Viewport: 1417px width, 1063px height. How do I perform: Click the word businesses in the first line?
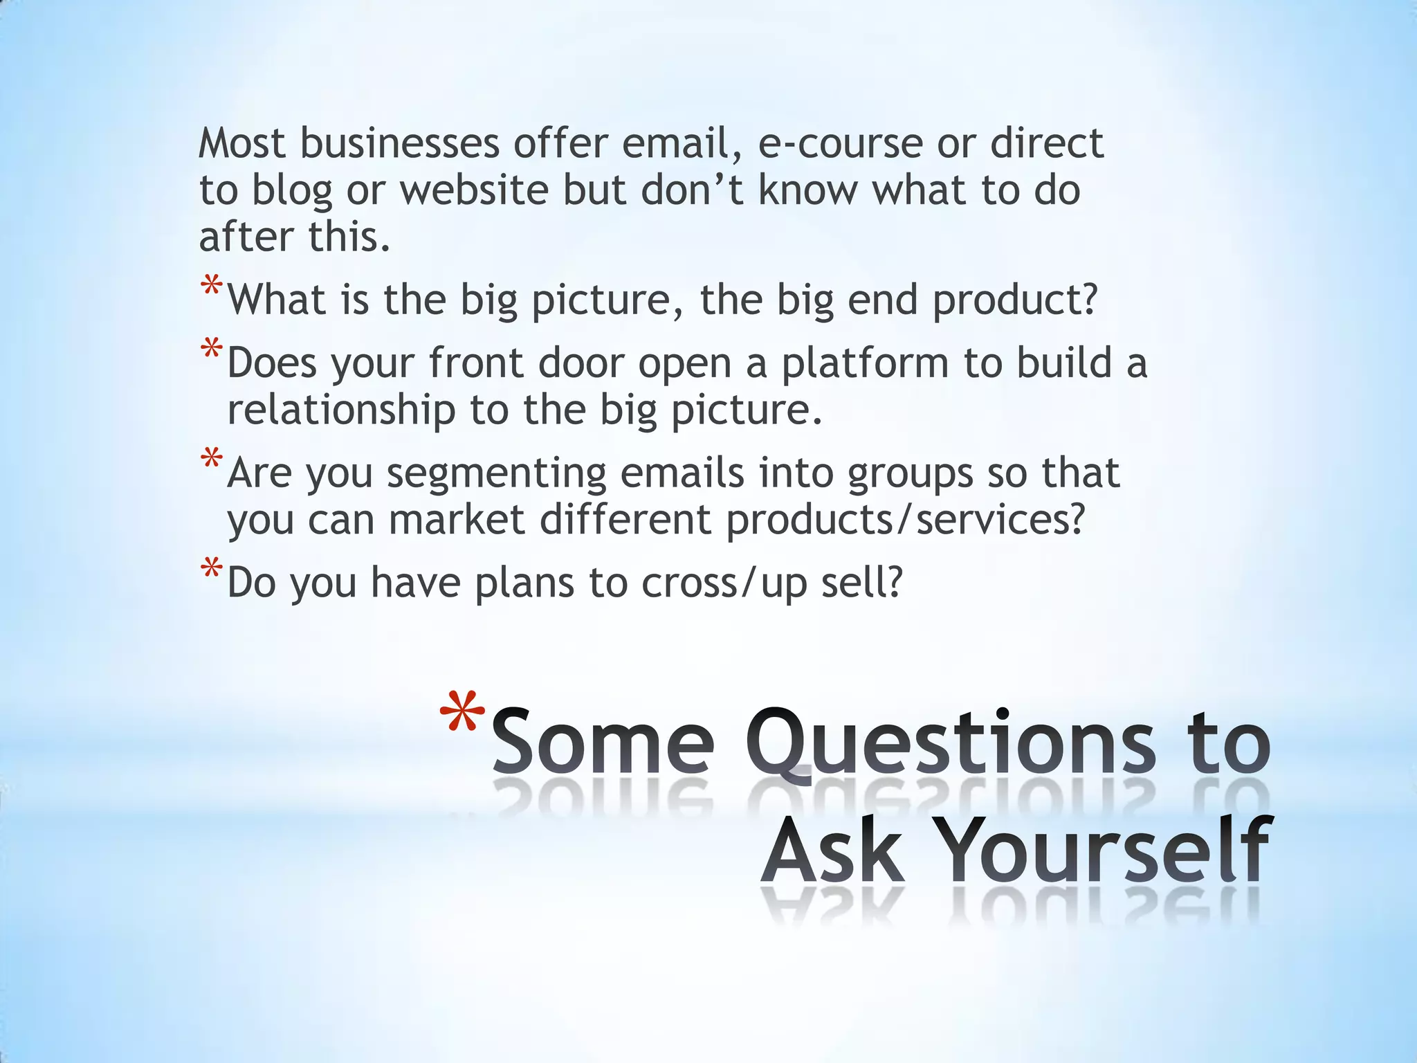pos(399,144)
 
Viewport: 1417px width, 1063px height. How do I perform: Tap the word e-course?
pos(840,144)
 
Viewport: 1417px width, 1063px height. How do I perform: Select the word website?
pos(474,190)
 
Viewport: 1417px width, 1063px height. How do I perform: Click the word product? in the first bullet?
pos(1015,301)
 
